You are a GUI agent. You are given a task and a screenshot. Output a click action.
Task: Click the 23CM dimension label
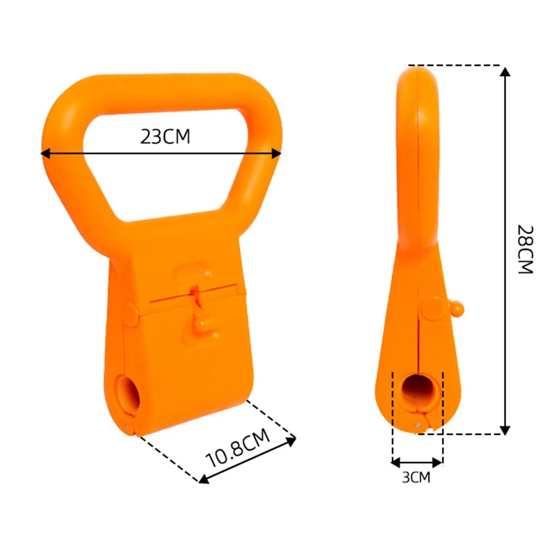pyautogui.click(x=165, y=137)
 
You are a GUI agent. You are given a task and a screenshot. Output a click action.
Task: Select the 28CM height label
pyautogui.click(x=525, y=249)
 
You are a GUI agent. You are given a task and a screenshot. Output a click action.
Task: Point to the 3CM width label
pyautogui.click(x=416, y=477)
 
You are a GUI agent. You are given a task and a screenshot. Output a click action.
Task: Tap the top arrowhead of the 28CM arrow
pyautogui.click(x=505, y=72)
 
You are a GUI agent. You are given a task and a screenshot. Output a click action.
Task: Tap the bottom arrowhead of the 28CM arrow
pyautogui.click(x=505, y=430)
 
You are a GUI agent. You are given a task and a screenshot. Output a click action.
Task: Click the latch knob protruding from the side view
pyautogui.click(x=458, y=308)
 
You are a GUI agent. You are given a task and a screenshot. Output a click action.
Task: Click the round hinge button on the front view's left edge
pyautogui.click(x=130, y=314)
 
